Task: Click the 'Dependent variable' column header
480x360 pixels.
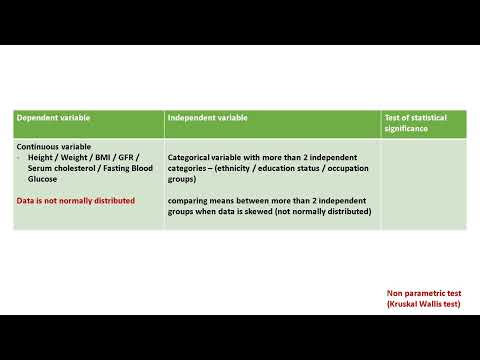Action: tap(53, 118)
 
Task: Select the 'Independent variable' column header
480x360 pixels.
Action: tap(208, 118)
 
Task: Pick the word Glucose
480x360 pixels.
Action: tap(43, 181)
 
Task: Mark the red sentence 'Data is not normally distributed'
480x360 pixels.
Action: tap(76, 200)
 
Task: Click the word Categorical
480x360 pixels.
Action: tap(189, 159)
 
